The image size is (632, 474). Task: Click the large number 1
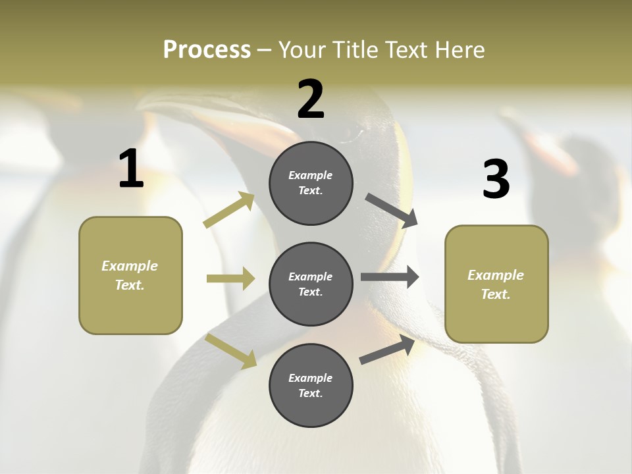(x=131, y=170)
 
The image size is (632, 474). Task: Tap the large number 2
(x=311, y=100)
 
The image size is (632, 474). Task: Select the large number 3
(x=496, y=180)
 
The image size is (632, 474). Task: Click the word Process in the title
(x=207, y=50)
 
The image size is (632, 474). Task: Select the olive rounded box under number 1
(x=130, y=275)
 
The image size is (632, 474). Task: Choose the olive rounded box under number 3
(x=496, y=284)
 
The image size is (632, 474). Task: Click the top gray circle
(x=311, y=183)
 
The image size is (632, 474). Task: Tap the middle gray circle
(x=311, y=284)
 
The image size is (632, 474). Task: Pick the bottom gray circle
(x=311, y=385)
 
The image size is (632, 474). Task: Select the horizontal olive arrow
(x=230, y=278)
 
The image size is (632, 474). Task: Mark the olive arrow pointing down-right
(x=230, y=351)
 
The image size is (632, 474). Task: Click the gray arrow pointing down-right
(x=392, y=211)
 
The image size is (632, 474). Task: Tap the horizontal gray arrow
(x=390, y=277)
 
